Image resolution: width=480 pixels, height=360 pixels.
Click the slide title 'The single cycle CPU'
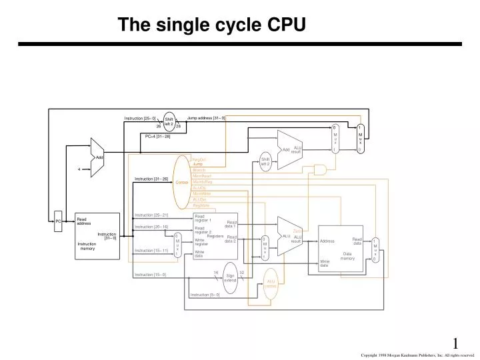[212, 25]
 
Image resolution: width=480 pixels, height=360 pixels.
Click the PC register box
[58, 221]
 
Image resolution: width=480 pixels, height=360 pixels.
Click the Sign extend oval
[230, 278]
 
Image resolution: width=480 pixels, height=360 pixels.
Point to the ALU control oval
[271, 283]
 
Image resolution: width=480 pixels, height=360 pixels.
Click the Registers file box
[215, 236]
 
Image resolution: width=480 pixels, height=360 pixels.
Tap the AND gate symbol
[321, 171]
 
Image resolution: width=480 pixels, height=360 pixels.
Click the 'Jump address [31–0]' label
[206, 118]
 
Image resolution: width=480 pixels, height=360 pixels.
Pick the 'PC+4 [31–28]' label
[158, 136]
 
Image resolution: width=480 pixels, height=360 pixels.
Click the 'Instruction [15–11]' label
[151, 251]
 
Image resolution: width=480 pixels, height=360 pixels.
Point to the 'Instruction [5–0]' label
[205, 295]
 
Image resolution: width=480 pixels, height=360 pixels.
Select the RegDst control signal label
[199, 159]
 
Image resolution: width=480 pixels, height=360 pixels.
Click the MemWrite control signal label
[201, 193]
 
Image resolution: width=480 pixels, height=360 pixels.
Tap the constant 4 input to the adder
[79, 169]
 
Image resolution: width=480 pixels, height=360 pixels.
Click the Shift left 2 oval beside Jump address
[169, 121]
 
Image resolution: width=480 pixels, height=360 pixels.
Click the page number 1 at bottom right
[455, 343]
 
